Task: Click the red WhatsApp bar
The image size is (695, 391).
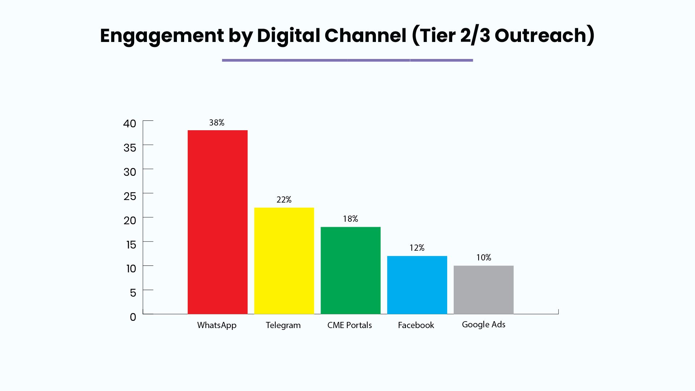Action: tap(217, 222)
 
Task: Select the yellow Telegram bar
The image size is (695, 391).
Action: tap(284, 261)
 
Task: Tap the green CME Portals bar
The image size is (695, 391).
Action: tap(351, 271)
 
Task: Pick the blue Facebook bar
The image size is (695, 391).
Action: tap(417, 285)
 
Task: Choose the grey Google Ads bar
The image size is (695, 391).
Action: tap(484, 290)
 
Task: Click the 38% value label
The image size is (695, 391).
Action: tap(217, 123)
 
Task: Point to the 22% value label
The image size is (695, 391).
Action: tap(284, 200)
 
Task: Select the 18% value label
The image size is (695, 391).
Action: tap(351, 219)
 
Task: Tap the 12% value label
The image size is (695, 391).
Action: tap(417, 248)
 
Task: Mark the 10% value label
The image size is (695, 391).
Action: tap(484, 258)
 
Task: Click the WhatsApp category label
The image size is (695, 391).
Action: tap(217, 326)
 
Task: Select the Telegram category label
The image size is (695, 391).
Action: tap(283, 326)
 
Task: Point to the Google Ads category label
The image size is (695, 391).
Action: tap(484, 324)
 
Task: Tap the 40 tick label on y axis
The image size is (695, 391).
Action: tap(130, 124)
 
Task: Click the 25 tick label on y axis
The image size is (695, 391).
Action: tap(130, 196)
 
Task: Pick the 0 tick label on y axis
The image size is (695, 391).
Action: tap(133, 317)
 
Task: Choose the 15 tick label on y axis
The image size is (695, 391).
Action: tap(131, 245)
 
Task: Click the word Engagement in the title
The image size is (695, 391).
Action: tap(162, 36)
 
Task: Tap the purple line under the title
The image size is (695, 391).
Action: tap(347, 60)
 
